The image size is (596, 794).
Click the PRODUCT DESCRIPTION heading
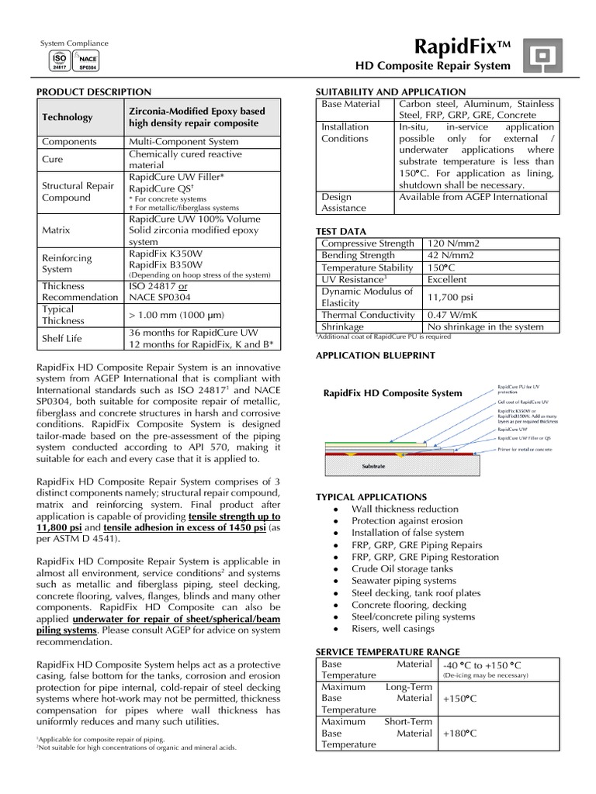[x=95, y=91]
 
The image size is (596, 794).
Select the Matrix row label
[x=57, y=230]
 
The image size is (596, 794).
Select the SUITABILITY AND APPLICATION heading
[x=391, y=91]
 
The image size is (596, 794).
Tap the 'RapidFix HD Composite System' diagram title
[x=393, y=393]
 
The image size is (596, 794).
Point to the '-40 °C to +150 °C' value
[x=481, y=665]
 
